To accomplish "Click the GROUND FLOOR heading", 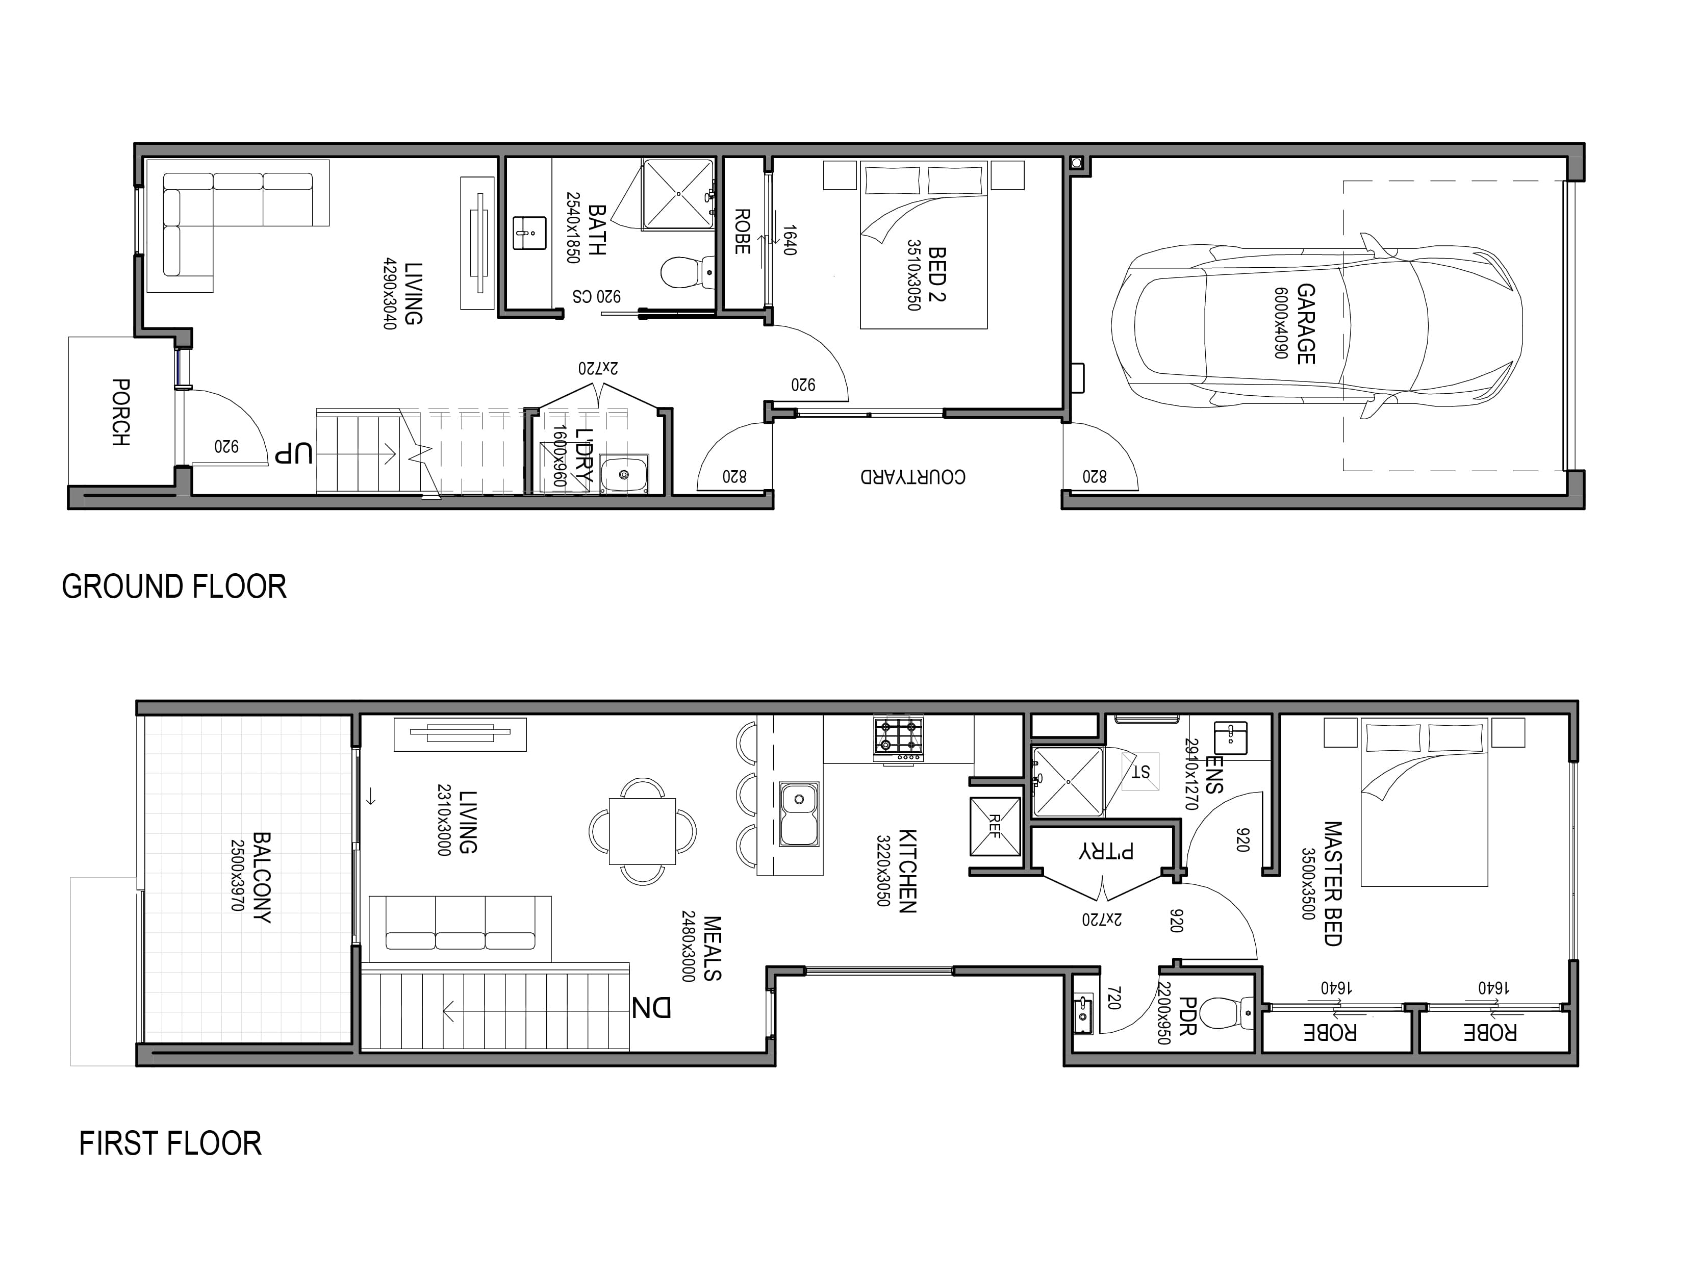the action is click(x=174, y=586).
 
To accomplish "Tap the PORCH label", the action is click(x=121, y=412).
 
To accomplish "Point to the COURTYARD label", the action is click(x=913, y=476).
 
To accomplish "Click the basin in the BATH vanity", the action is click(x=529, y=233).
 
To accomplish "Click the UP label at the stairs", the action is click(x=294, y=454).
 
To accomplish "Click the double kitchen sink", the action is click(x=799, y=814).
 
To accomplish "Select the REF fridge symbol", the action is click(x=995, y=827).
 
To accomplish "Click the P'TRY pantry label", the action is click(x=1106, y=852).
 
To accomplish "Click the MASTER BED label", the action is click(x=1333, y=884).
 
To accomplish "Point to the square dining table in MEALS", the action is click(x=643, y=832).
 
